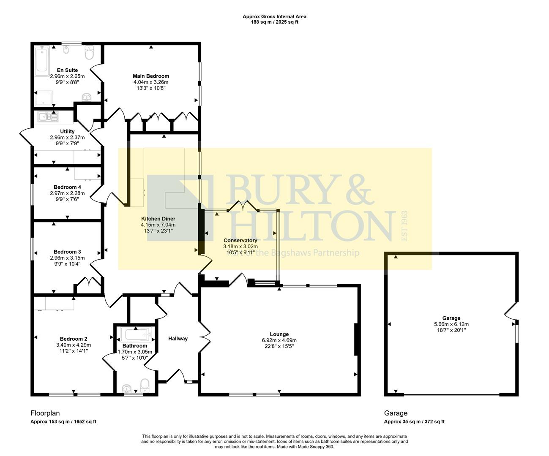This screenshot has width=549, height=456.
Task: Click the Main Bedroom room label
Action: pyautogui.click(x=151, y=76)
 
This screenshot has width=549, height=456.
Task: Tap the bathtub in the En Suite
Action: pyautogui.click(x=42, y=61)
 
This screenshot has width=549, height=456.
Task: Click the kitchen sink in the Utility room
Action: pyautogui.click(x=44, y=117)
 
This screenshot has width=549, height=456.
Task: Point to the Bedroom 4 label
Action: pyautogui.click(x=67, y=187)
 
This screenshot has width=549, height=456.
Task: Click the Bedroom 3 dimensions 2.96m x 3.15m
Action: pyautogui.click(x=67, y=258)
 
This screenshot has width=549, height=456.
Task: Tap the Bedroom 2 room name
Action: pyautogui.click(x=74, y=339)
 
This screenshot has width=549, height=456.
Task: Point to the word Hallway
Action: pyautogui.click(x=178, y=339)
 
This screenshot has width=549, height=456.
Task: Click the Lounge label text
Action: pyautogui.click(x=279, y=334)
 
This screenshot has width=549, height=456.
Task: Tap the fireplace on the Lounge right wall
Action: pyautogui.click(x=357, y=340)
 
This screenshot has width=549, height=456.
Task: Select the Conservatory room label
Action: pyautogui.click(x=240, y=240)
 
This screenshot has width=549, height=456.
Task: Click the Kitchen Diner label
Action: pyautogui.click(x=158, y=219)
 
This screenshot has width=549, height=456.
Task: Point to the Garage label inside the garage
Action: pyautogui.click(x=451, y=318)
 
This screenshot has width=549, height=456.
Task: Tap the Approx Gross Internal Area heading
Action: pyautogui.click(x=274, y=16)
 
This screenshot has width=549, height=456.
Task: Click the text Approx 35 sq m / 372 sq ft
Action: pyautogui.click(x=414, y=421)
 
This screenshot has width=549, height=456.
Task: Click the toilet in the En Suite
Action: pyautogui.click(x=90, y=54)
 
